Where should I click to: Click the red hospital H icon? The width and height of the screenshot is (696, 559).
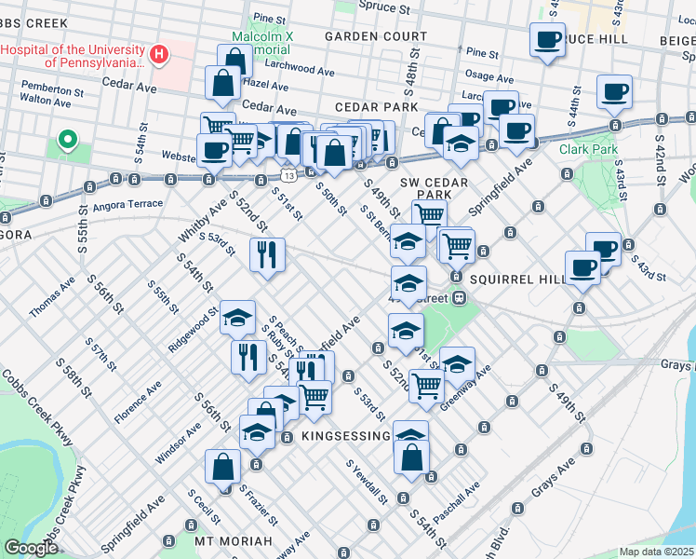pyautogui.click(x=159, y=55)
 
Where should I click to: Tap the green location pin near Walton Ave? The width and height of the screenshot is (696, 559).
pyautogui.click(x=67, y=141)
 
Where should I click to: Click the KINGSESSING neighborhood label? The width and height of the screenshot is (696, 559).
pyautogui.click(x=344, y=436)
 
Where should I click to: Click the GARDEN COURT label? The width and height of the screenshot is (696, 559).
pyautogui.click(x=375, y=36)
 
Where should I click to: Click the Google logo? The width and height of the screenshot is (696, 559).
pyautogui.click(x=31, y=548)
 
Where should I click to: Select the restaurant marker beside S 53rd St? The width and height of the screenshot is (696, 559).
pyautogui.click(x=267, y=253)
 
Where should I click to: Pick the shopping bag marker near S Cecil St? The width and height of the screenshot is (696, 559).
pyautogui.click(x=223, y=467)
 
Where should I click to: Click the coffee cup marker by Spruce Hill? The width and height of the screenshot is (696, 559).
pyautogui.click(x=546, y=40)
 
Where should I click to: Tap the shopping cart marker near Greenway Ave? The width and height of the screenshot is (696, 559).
pyautogui.click(x=426, y=384)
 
